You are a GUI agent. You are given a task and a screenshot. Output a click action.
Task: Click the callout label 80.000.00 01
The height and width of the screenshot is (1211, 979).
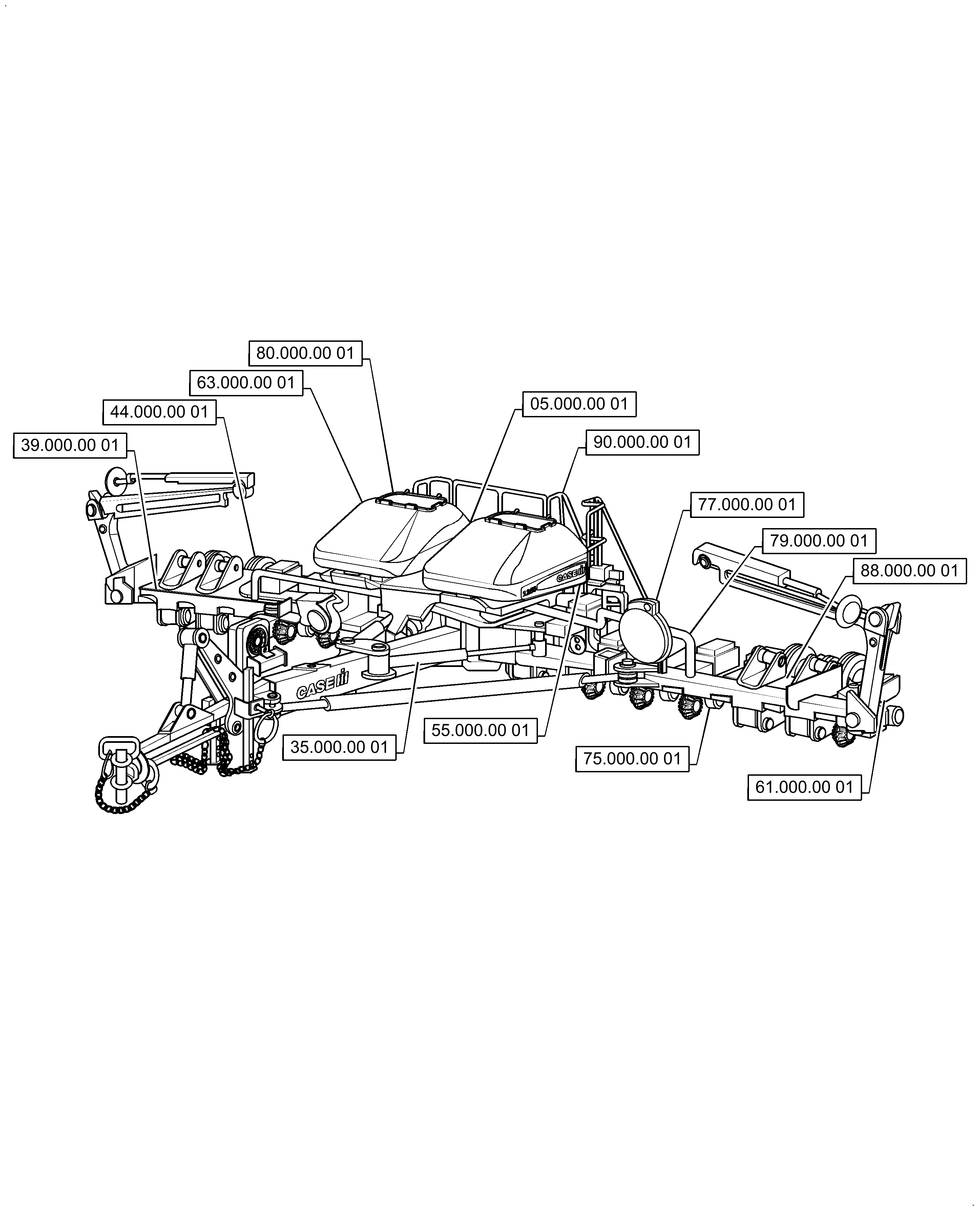click(305, 354)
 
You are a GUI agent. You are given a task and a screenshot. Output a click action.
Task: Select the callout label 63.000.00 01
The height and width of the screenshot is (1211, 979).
click(246, 383)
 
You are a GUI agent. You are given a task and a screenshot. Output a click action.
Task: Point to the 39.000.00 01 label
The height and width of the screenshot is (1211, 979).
click(70, 445)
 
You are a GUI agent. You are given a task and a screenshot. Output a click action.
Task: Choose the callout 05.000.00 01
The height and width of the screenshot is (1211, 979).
click(579, 404)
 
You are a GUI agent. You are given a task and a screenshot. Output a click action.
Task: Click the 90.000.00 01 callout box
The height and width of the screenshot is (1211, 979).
click(642, 442)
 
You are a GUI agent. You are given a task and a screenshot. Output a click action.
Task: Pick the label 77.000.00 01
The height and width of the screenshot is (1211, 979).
click(747, 505)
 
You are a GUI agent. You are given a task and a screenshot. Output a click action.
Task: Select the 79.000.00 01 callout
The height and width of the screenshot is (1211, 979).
click(819, 541)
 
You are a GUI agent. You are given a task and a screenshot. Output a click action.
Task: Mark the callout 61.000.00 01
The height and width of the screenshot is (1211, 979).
click(804, 787)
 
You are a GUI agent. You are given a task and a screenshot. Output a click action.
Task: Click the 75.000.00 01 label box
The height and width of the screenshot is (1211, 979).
click(632, 759)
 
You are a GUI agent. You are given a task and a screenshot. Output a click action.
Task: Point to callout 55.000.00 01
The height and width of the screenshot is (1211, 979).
click(480, 731)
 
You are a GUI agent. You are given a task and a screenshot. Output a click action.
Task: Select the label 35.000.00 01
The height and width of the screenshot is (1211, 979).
click(339, 748)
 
